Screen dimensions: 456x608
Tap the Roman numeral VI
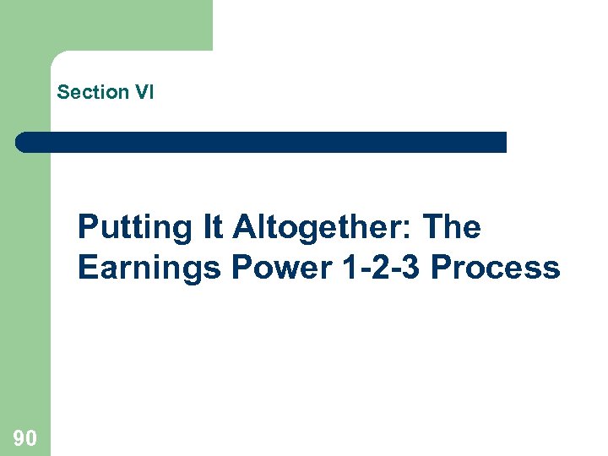(142, 93)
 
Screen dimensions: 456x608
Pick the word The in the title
(451, 227)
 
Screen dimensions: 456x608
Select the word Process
(495, 268)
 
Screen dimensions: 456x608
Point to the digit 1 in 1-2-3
(352, 268)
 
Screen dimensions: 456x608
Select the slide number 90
(24, 437)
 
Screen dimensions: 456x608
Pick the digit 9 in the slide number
(19, 437)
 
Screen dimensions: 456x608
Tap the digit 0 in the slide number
(30, 437)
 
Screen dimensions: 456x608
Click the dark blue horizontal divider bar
(262, 142)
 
